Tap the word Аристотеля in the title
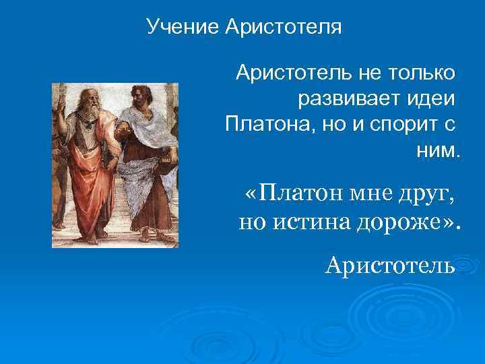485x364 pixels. (284, 28)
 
